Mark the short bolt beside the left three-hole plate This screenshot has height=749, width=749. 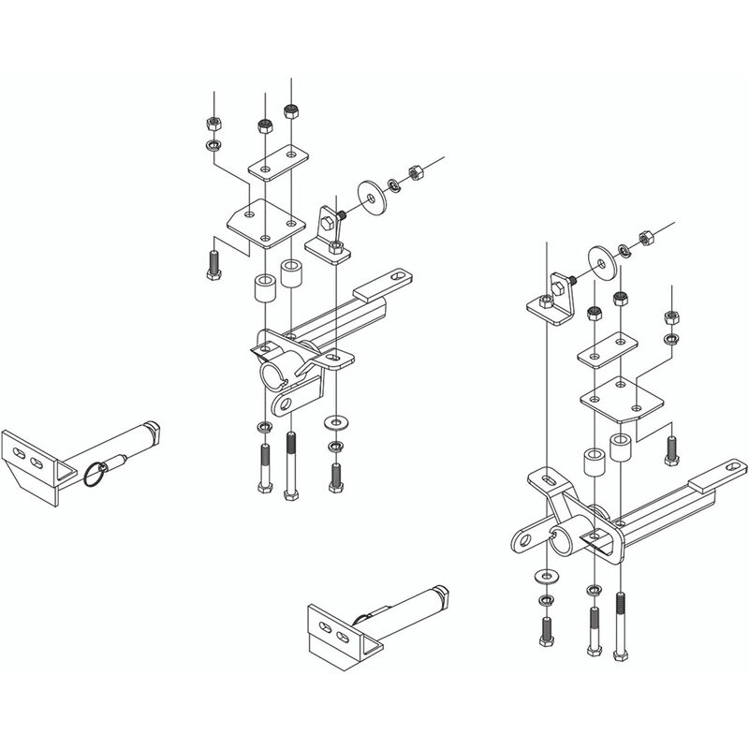211,259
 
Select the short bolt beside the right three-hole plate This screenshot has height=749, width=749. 669,448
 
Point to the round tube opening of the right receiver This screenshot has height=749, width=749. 560,540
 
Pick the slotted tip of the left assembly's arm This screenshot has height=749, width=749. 398,278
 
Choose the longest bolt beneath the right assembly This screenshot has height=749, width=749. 620,625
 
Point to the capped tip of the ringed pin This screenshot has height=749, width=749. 152,430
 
